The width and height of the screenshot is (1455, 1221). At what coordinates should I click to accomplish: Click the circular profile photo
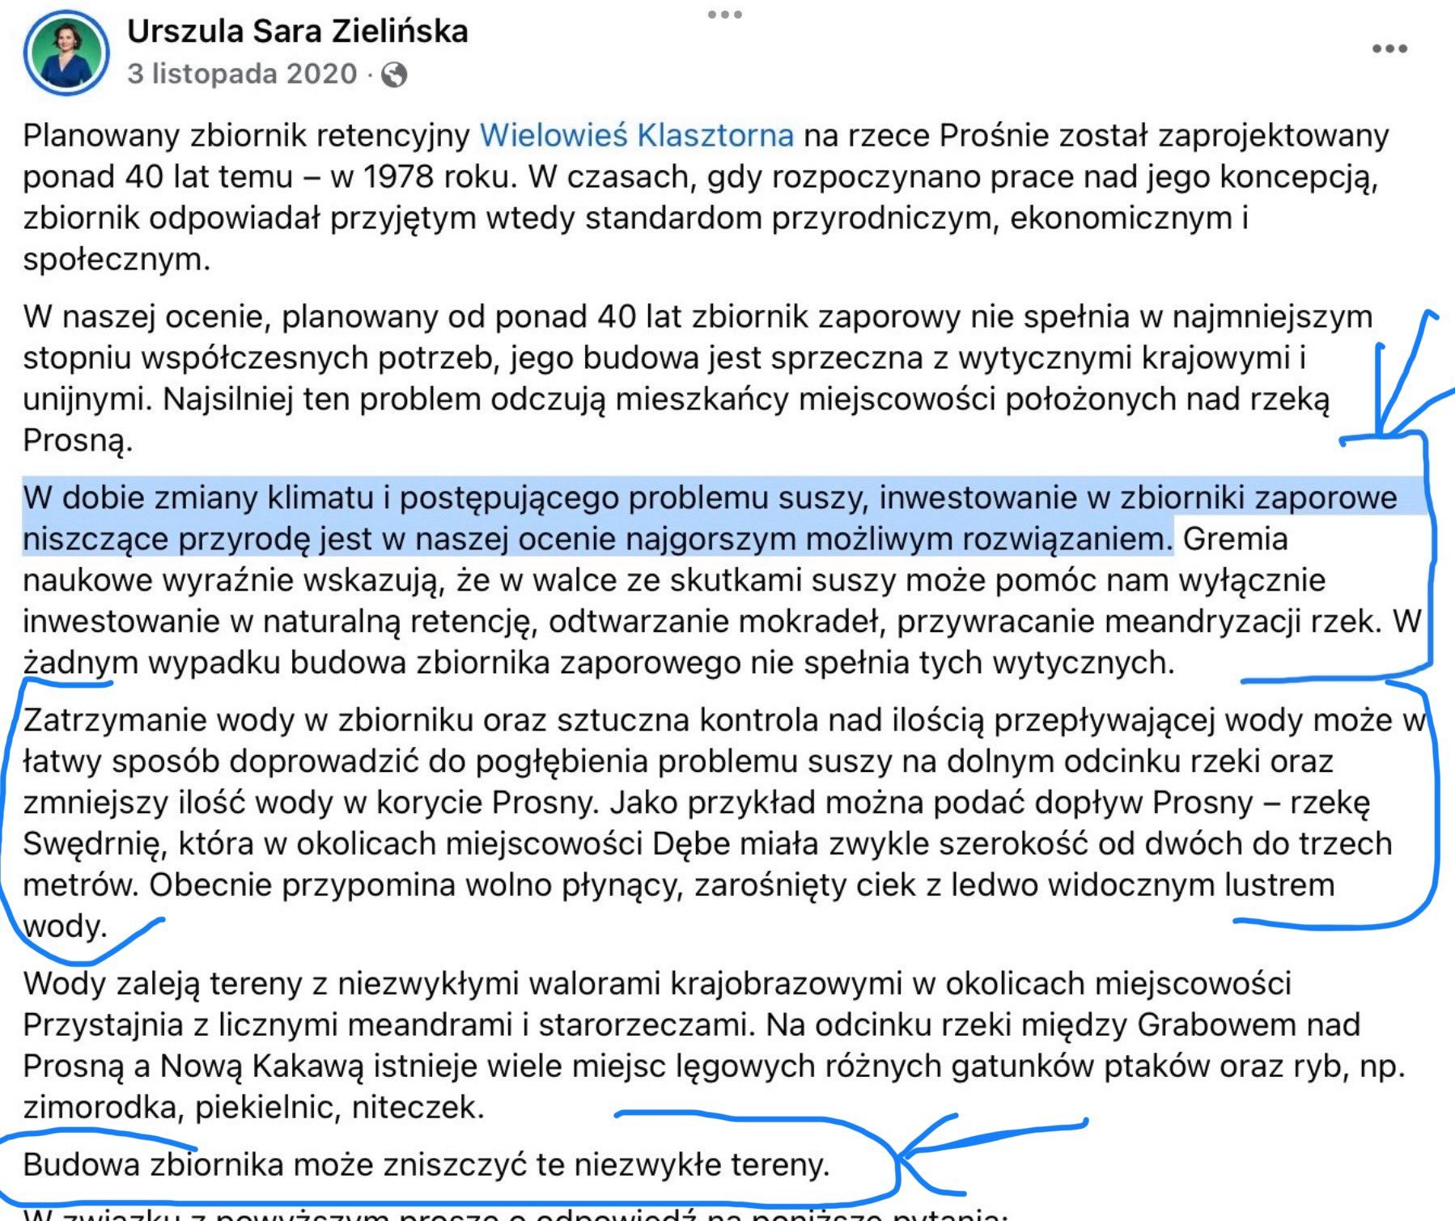[66, 53]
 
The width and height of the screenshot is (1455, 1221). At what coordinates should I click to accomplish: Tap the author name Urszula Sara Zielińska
[297, 32]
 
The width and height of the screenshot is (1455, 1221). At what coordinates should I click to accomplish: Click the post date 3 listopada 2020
[242, 74]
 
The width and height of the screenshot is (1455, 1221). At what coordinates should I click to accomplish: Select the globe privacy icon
[394, 75]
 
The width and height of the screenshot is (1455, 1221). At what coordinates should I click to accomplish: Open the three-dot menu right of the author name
[1389, 49]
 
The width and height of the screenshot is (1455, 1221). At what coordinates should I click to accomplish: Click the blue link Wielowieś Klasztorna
[636, 135]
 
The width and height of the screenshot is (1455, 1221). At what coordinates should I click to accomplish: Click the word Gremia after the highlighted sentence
[1235, 539]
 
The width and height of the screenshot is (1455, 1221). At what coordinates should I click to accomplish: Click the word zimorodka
[100, 1108]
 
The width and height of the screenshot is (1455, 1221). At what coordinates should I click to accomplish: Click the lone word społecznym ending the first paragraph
[115, 260]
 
